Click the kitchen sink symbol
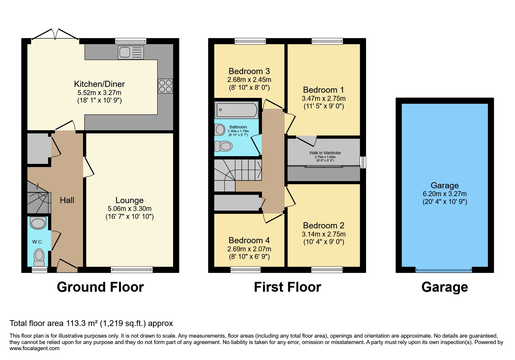coord(131,53)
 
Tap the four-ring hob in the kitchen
coord(165,86)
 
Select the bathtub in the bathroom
coord(236,110)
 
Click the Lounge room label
coord(129,200)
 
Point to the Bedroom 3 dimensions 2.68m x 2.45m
coord(249,80)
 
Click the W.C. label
coord(38,242)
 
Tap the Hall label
coord(67,200)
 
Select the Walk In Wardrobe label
coord(325,153)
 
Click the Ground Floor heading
coord(100,287)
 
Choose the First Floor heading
coord(287,287)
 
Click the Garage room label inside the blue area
coord(445,185)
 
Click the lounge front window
coord(132,270)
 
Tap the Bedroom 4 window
coord(245,270)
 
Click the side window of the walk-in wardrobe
coord(363,162)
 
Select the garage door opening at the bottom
coord(443,270)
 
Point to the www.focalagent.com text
coord(34,348)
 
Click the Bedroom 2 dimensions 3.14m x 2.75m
coord(324,234)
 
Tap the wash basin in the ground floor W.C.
coord(38,223)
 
